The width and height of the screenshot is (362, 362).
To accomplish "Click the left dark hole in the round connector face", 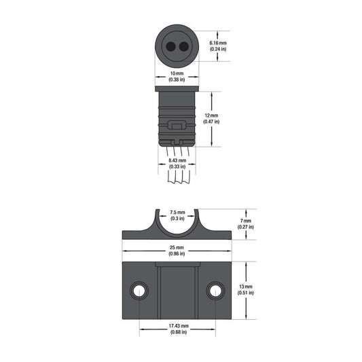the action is click(170, 47).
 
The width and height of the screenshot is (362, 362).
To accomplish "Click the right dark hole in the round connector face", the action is click(184, 47).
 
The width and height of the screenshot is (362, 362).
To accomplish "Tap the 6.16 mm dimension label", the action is click(218, 43).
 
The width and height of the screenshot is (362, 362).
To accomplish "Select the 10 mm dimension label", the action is click(177, 73).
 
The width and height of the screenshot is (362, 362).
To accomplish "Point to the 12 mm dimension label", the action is click(211, 115).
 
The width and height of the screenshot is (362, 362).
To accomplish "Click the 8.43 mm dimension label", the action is click(177, 160).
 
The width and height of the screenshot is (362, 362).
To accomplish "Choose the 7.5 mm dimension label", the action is click(177, 212).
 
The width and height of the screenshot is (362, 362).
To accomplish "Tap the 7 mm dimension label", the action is click(246, 221).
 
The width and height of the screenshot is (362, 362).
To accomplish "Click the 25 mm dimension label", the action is click(177, 247).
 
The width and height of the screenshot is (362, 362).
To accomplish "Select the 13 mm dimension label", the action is click(246, 287).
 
